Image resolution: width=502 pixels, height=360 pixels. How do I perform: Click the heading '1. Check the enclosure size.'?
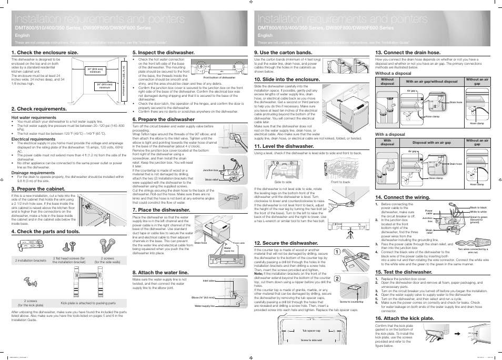click(x=45, y=53)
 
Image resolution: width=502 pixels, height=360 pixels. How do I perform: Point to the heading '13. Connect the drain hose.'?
click(x=408, y=53)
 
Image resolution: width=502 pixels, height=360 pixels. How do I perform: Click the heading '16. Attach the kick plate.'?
click(x=404, y=318)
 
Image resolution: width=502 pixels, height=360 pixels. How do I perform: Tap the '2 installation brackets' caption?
click(x=31, y=260)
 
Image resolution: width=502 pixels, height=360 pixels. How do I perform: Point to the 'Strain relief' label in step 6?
click(x=211, y=179)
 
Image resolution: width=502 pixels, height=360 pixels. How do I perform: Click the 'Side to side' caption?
click(x=283, y=182)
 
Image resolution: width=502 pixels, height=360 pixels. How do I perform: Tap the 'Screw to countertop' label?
click(x=352, y=302)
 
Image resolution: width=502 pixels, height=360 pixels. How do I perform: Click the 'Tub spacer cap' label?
click(x=311, y=331)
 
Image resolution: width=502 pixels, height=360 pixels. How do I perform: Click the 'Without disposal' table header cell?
click(x=387, y=82)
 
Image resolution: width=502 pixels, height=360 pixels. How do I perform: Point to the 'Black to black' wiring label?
click(x=478, y=207)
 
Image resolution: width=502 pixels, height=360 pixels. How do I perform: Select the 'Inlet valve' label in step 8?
click(x=209, y=281)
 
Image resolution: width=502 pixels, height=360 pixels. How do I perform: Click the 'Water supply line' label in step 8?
click(x=205, y=306)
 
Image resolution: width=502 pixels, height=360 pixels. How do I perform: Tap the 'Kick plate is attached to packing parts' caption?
click(x=88, y=303)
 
